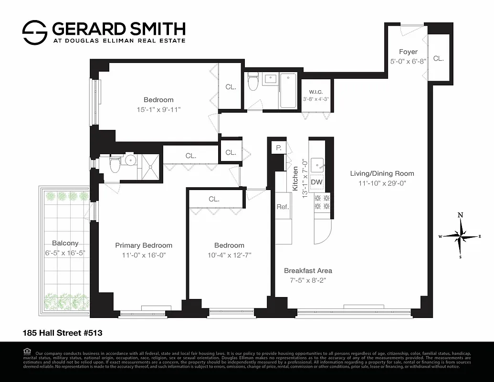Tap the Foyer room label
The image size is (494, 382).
tap(408, 52)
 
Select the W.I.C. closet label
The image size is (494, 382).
tap(315, 92)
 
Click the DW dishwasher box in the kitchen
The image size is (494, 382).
tap(316, 182)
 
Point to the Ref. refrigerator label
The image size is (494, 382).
tap(283, 207)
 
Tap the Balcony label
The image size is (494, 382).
tap(65, 243)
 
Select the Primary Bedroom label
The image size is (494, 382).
tap(144, 245)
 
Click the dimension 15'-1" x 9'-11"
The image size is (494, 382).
tap(158, 109)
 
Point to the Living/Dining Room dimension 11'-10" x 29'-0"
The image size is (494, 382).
tap(382, 183)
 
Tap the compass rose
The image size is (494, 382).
tap(460, 236)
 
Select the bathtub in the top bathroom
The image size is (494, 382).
tap(288, 91)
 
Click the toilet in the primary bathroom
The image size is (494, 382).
tap(115, 165)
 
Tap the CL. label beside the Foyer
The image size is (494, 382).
tap(438, 59)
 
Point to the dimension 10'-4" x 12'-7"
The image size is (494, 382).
tap(229, 255)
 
